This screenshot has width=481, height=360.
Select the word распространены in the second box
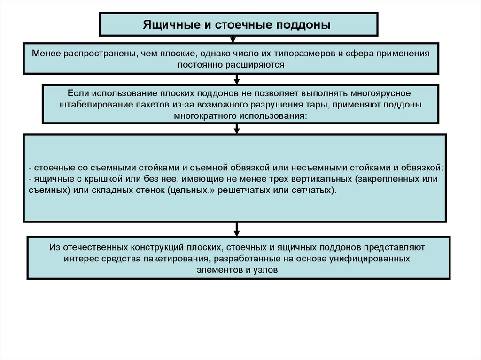(94, 54)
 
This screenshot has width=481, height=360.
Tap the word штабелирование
(89, 105)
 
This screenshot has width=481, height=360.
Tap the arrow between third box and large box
(237, 128)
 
